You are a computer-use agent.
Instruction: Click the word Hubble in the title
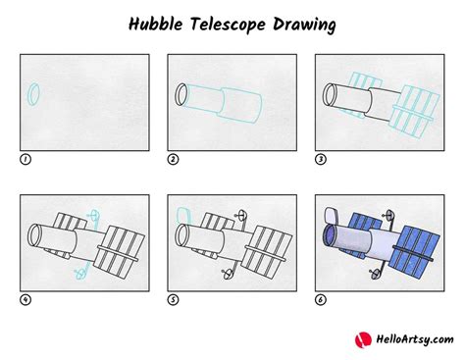159,22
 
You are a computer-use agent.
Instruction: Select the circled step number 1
25,159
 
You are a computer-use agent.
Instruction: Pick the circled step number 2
172,159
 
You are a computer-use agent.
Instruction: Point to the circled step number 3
320,159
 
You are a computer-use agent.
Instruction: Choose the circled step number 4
25,299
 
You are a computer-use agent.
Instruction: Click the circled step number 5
172,299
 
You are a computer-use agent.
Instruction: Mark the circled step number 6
320,299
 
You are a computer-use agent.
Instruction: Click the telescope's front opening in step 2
181,95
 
